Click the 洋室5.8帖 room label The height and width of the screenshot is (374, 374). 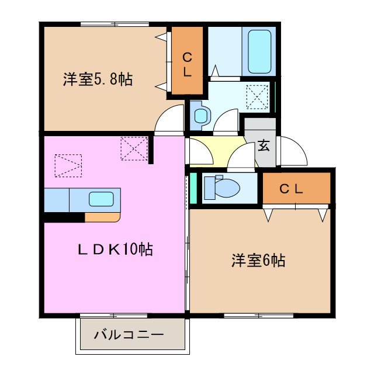coord(98,80)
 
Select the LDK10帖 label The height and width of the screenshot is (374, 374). coord(116,250)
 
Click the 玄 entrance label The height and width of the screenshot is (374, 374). coord(264,145)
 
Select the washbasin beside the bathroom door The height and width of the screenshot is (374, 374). coord(200,115)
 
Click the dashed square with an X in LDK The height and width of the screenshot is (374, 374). coord(134,148)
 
